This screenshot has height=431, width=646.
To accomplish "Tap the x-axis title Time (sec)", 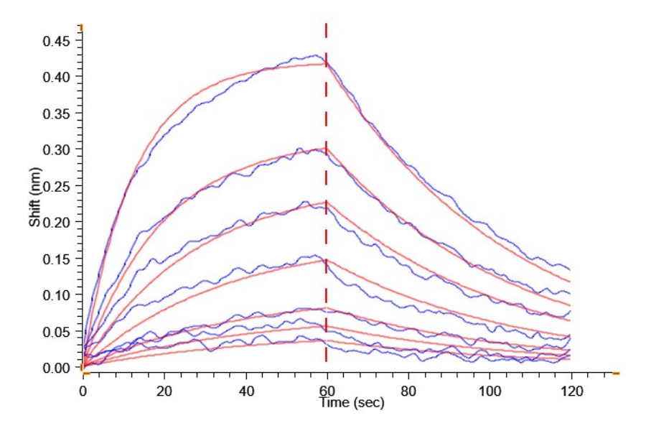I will (x=352, y=403).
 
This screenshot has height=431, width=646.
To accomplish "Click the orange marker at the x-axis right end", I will (x=615, y=374).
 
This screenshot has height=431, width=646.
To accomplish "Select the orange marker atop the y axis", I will (x=82, y=28).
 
